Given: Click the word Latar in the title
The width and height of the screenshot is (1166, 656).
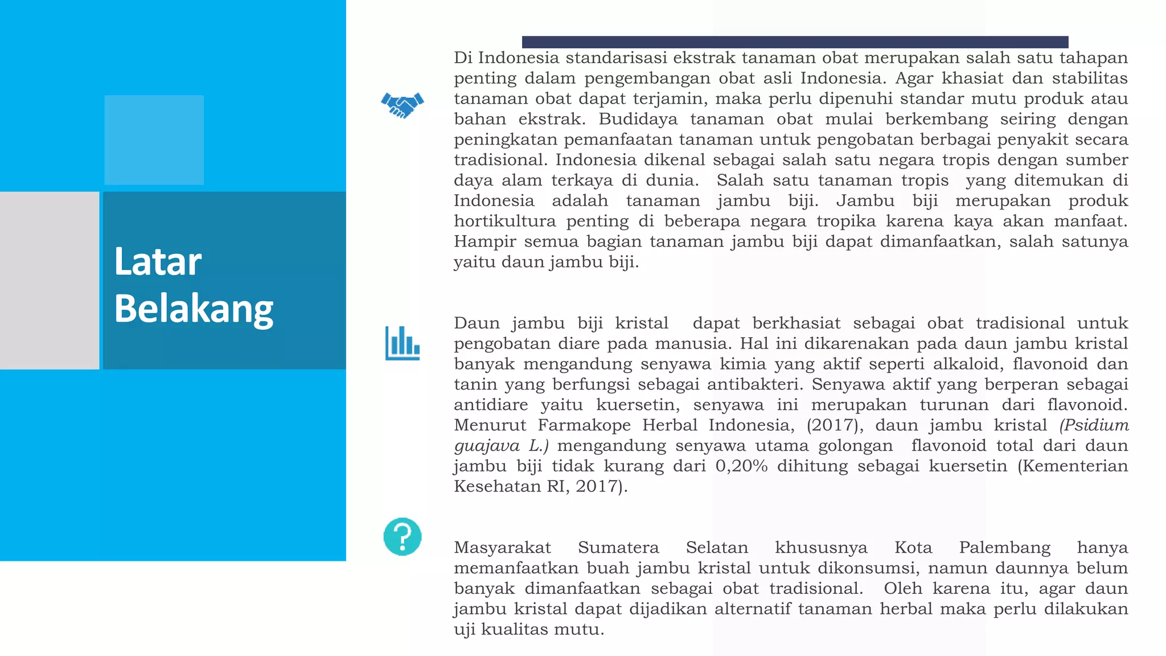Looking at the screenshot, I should (x=158, y=262).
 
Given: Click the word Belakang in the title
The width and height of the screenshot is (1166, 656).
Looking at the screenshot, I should (x=194, y=309).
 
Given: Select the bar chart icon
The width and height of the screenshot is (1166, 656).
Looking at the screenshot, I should (x=403, y=343).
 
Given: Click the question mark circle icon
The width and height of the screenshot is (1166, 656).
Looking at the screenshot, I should (x=403, y=536).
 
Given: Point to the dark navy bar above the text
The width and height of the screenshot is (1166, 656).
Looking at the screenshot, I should (x=795, y=42).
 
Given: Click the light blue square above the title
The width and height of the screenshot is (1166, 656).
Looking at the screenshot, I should (x=154, y=140).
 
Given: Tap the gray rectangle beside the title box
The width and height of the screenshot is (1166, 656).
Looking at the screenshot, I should (x=50, y=280).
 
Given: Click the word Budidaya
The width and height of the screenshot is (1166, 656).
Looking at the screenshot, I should (x=638, y=119).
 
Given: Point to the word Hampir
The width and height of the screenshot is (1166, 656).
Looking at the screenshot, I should (x=485, y=241).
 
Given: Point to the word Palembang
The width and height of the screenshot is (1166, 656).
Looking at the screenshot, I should (x=1004, y=547).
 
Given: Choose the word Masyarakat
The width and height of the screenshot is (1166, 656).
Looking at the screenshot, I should (x=502, y=547).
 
